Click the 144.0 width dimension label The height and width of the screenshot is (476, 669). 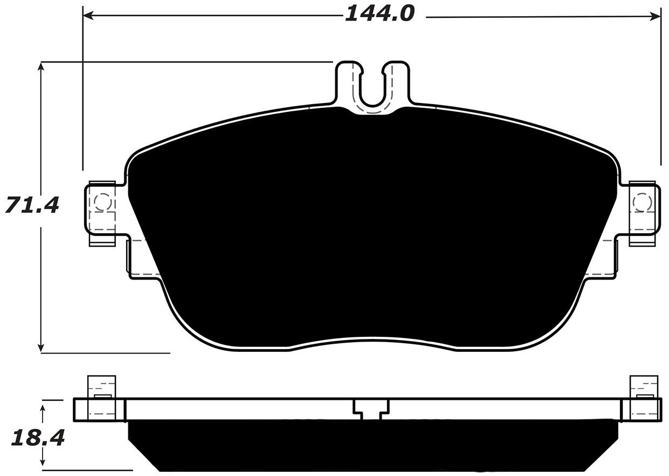click(380, 13)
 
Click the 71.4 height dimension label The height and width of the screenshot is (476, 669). click(31, 205)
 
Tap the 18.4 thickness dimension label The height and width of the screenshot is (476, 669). click(37, 438)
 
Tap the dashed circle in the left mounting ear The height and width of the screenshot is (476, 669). click(102, 202)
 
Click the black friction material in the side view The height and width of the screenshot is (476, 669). click(372, 445)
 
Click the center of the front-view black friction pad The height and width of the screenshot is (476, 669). click(372, 227)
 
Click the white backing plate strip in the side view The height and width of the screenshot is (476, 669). click(243, 410)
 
